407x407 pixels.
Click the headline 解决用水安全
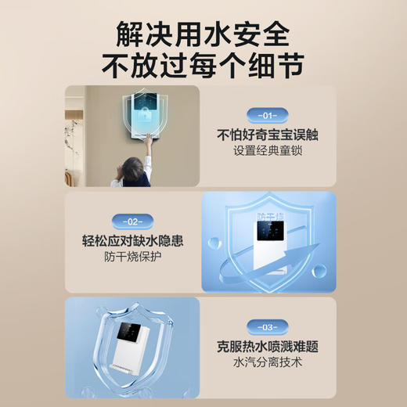[203, 33]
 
